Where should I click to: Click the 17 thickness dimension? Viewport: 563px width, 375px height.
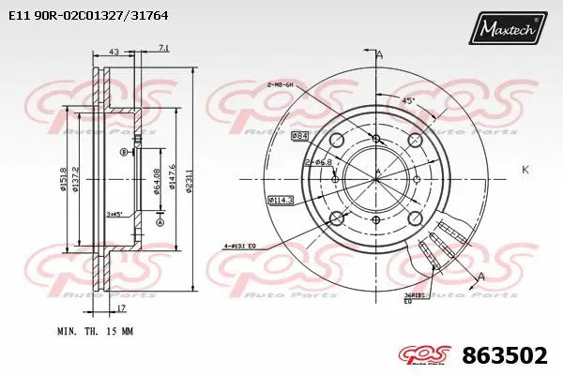tap(121, 307)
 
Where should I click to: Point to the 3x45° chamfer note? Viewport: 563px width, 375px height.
tap(115, 214)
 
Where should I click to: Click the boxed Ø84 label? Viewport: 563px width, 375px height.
tap(300, 137)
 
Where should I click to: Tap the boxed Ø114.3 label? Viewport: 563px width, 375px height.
tap(280, 199)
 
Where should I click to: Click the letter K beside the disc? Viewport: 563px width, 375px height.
tap(524, 169)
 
